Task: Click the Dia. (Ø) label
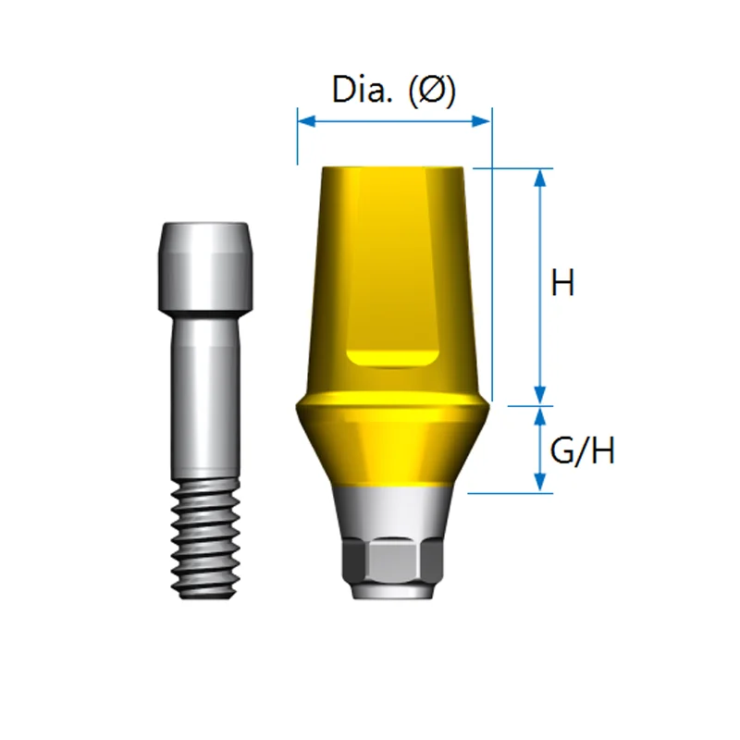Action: [393, 91]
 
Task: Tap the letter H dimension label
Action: [562, 282]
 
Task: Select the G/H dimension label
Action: [582, 451]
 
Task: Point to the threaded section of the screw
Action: [204, 536]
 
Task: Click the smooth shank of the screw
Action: [204, 398]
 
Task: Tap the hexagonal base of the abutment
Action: [392, 561]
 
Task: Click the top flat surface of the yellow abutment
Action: [392, 168]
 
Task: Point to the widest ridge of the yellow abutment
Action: [392, 403]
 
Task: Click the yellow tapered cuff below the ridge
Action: [392, 449]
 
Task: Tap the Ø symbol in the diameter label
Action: [431, 91]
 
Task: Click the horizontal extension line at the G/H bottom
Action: [509, 493]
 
